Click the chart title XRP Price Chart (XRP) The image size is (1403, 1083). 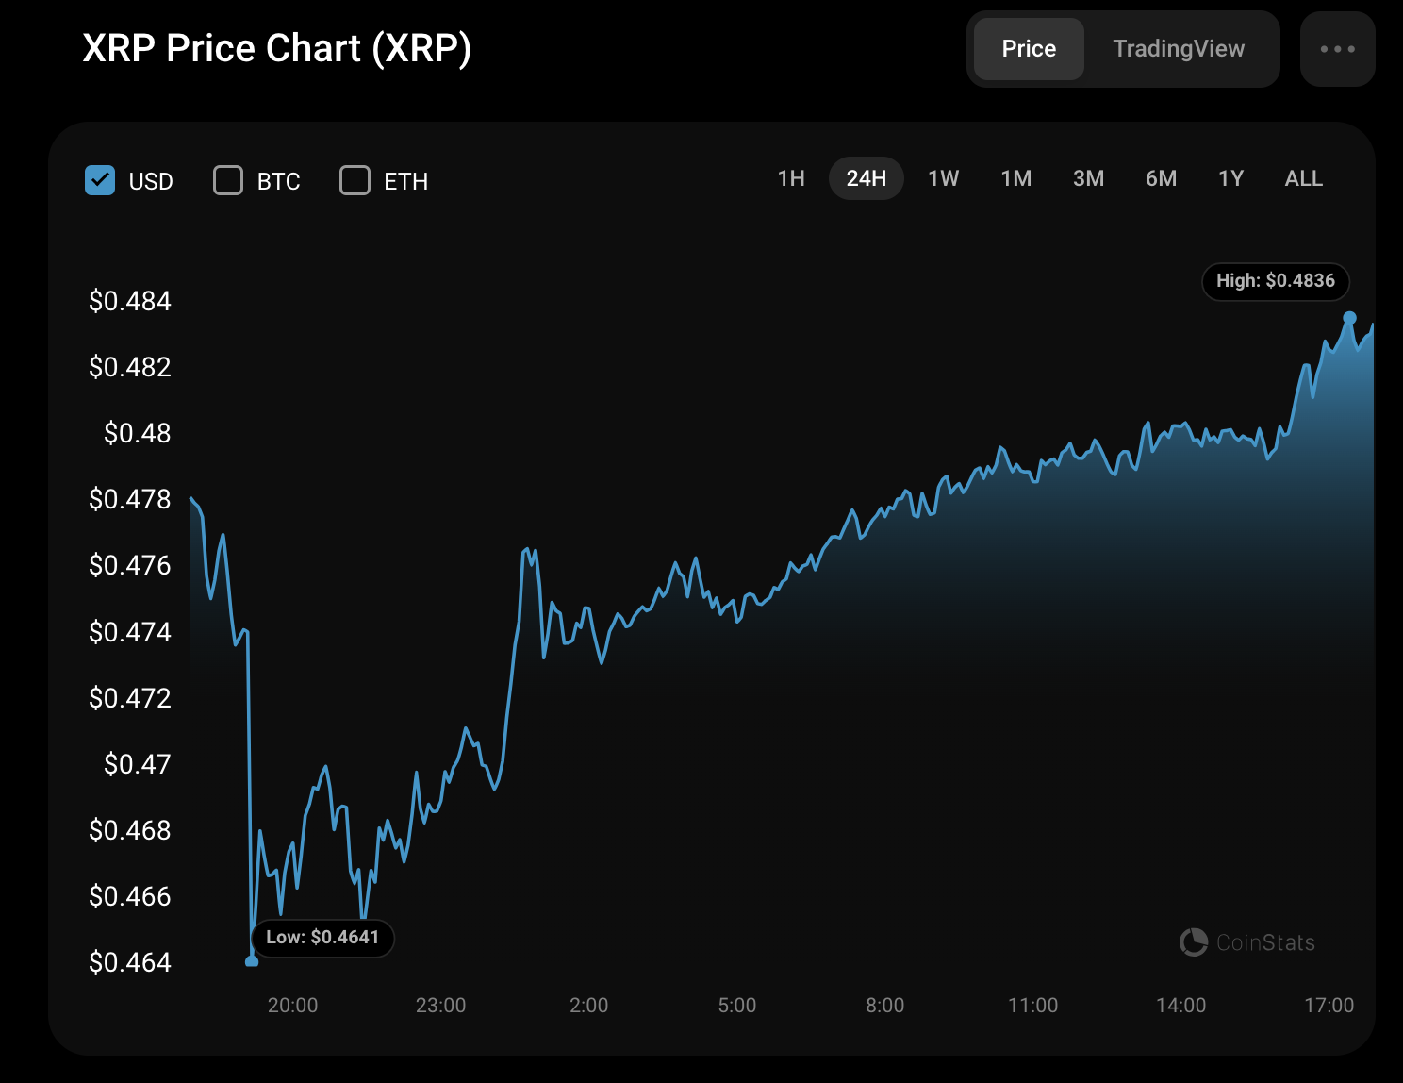click(276, 49)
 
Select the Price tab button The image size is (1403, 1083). click(1029, 49)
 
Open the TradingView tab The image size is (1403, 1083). click(1179, 49)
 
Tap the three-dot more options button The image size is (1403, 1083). click(1337, 49)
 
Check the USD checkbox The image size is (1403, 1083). click(100, 180)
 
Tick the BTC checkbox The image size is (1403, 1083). click(228, 180)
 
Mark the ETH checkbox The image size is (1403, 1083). click(355, 180)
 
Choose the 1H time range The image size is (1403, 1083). click(791, 178)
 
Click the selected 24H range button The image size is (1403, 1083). click(866, 178)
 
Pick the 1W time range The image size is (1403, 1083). click(943, 178)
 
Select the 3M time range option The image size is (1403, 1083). click(1088, 178)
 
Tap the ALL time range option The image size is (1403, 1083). click(1303, 178)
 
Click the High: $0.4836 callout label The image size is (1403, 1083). click(1275, 281)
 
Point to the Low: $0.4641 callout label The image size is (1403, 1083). click(322, 938)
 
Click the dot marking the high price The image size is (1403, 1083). click(1349, 318)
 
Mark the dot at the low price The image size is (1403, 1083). click(252, 961)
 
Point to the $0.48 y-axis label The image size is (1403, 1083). click(138, 433)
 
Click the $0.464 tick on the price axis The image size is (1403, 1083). click(130, 962)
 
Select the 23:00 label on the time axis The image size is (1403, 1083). click(440, 1006)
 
